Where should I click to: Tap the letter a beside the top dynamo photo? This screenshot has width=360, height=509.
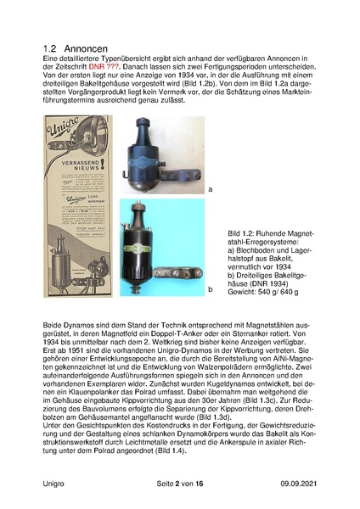click(211, 190)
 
